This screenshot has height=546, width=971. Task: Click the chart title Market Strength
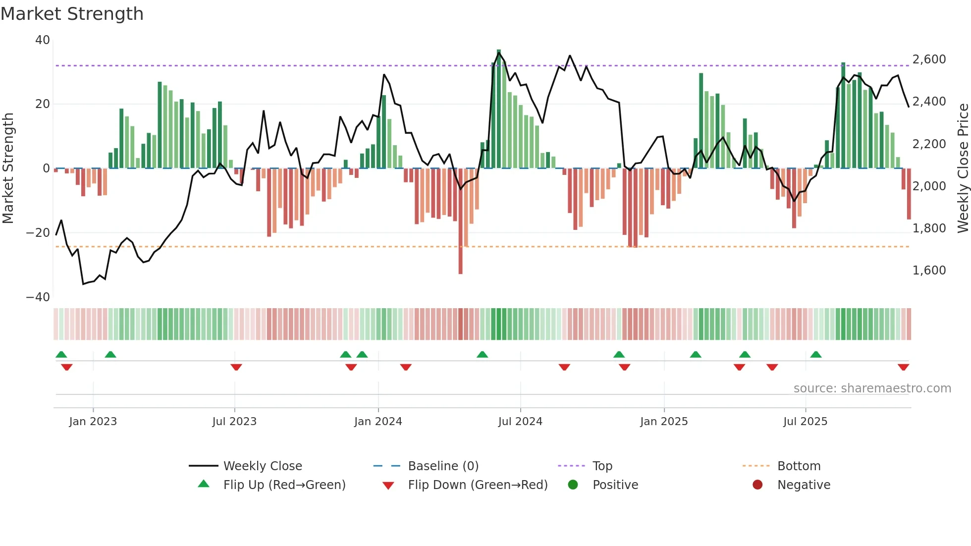[x=72, y=14]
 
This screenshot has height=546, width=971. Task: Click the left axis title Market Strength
[x=8, y=168]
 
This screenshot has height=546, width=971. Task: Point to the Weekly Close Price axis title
[x=963, y=168]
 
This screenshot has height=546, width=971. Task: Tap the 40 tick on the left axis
[x=43, y=40]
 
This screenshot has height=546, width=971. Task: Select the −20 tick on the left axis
[x=38, y=233]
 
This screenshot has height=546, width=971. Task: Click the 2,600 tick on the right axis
[x=929, y=59]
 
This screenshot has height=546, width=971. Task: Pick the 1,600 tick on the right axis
[x=929, y=271]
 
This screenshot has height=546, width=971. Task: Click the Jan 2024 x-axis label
[x=378, y=422]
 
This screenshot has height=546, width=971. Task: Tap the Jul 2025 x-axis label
[x=805, y=422]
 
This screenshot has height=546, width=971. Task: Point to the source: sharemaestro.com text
[x=872, y=388]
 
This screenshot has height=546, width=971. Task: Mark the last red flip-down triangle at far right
[x=903, y=367]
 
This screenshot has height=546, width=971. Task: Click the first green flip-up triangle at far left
[x=61, y=354]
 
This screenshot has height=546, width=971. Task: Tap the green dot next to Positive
[x=573, y=485]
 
